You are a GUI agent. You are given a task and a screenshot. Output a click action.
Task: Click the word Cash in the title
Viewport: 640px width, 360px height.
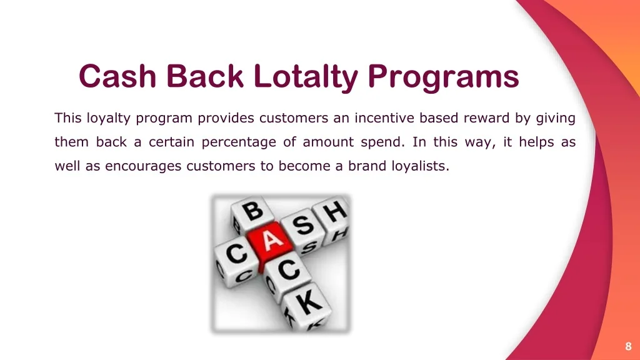click(x=117, y=76)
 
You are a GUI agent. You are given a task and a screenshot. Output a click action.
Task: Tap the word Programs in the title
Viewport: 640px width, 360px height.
click(x=443, y=77)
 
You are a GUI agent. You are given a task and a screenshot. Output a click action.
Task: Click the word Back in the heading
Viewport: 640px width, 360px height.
click(x=205, y=76)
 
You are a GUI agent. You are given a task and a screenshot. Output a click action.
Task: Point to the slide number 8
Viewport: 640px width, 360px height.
click(x=628, y=346)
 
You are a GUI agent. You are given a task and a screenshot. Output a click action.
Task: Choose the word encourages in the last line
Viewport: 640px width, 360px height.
click(x=143, y=166)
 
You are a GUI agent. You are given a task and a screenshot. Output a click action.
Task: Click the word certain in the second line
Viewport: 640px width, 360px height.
click(x=171, y=142)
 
